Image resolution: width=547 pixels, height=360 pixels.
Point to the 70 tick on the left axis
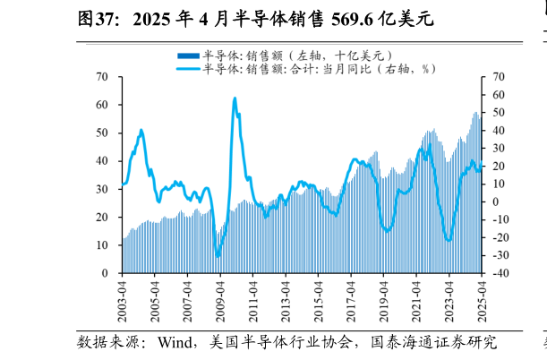point(104,77)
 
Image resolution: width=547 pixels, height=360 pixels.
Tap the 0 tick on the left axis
point(107,273)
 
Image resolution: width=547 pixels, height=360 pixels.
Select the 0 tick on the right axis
point(490,201)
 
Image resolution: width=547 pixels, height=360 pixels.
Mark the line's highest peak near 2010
point(235,99)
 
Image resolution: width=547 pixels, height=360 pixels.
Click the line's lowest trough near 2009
point(218,256)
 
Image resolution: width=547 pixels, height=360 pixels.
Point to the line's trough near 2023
point(449,240)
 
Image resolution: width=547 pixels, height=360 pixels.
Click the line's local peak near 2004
point(141,131)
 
